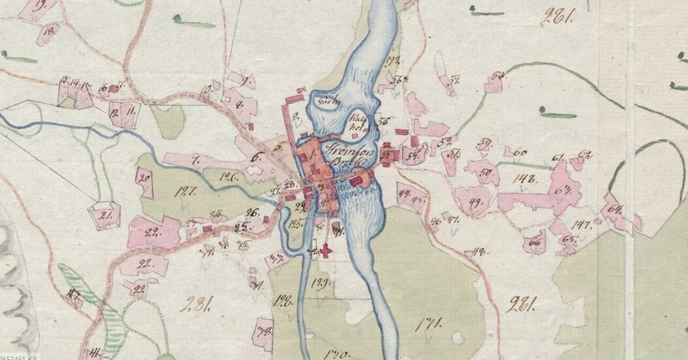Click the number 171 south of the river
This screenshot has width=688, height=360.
tap(431, 322)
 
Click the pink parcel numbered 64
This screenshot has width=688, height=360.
tap(614, 210)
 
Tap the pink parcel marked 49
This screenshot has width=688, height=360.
tap(475, 201)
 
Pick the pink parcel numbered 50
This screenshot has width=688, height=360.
tap(485, 173)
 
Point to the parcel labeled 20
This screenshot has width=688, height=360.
tap(144, 177)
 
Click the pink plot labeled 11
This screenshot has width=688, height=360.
tap(131, 112)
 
